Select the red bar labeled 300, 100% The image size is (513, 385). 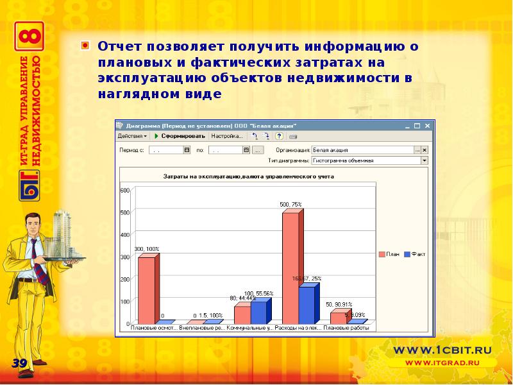[146, 289]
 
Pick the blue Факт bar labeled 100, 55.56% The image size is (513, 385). [258, 312]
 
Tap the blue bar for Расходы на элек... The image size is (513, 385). [307, 305]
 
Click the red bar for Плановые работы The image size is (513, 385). [338, 318]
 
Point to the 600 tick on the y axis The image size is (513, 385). [125, 190]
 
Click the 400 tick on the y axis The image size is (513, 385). [125, 235]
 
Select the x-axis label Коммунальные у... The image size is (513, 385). [251, 328]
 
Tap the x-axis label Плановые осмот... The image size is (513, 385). [154, 328]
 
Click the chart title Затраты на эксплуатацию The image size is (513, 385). [248, 176]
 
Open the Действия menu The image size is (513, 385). [132, 136]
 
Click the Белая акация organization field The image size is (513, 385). [362, 150]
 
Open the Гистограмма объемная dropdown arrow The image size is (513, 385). [424, 160]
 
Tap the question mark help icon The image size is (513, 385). [279, 136]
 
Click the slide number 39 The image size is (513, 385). [19, 364]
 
